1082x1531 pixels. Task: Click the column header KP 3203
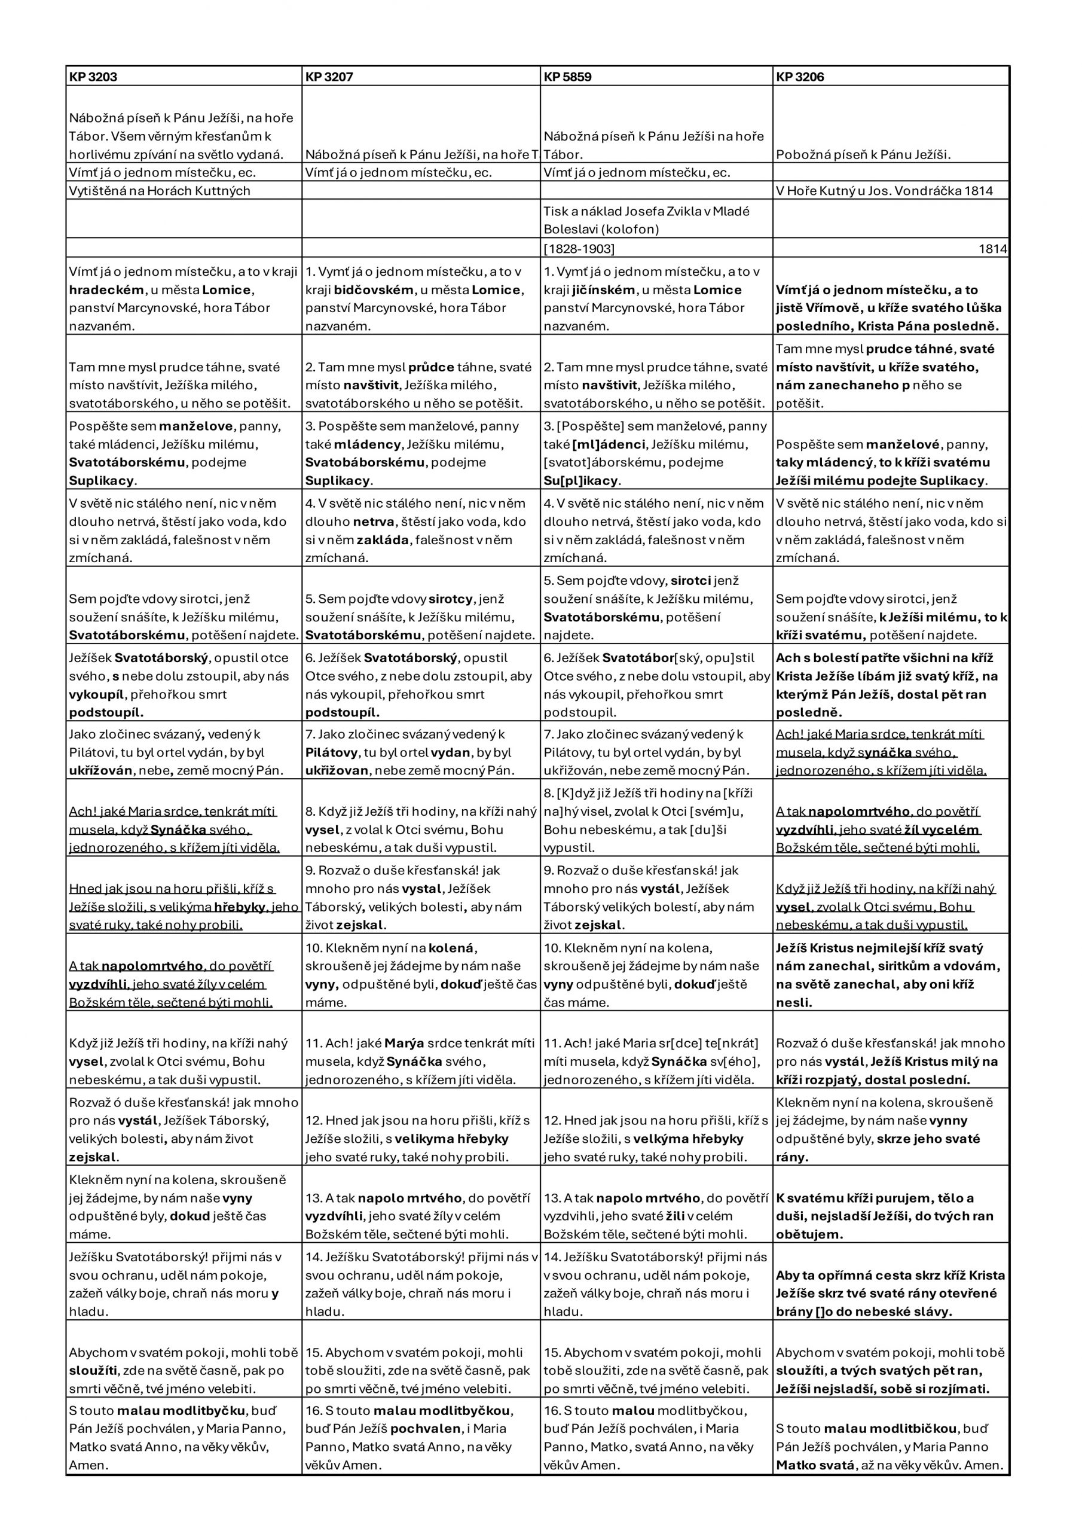point(93,77)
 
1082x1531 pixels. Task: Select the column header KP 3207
point(329,77)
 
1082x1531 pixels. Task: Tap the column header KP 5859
point(567,77)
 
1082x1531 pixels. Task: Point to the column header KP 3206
point(800,77)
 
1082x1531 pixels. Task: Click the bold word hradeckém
point(106,290)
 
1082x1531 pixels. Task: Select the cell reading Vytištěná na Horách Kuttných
point(160,191)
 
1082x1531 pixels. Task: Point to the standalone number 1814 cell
point(992,249)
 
